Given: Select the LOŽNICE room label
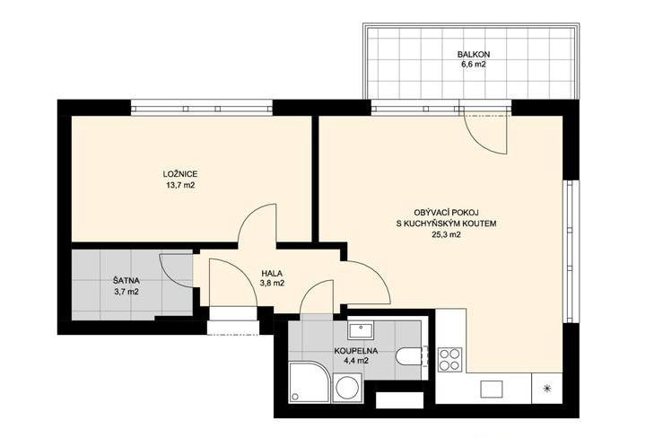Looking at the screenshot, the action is pos(180,174).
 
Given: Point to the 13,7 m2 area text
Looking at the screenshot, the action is pos(180,185).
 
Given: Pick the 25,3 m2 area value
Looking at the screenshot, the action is pos(446,235).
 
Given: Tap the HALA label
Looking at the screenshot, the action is pos(272,274).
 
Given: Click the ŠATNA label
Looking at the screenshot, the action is pos(126,280).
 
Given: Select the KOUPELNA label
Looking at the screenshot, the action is pos(355,351).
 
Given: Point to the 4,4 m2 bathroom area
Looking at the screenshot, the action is pos(356,361).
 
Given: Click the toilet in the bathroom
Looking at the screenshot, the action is pos(409,355).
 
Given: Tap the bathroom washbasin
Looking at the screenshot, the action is pos(361,329).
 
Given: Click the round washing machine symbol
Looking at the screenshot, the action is pos(346,387).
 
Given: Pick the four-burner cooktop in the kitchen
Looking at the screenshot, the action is pos(449,359).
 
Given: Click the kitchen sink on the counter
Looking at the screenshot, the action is pos(492,389).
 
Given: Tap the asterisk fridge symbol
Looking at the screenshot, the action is pos(548,389).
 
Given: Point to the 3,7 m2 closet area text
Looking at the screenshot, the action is pos(126,291).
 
